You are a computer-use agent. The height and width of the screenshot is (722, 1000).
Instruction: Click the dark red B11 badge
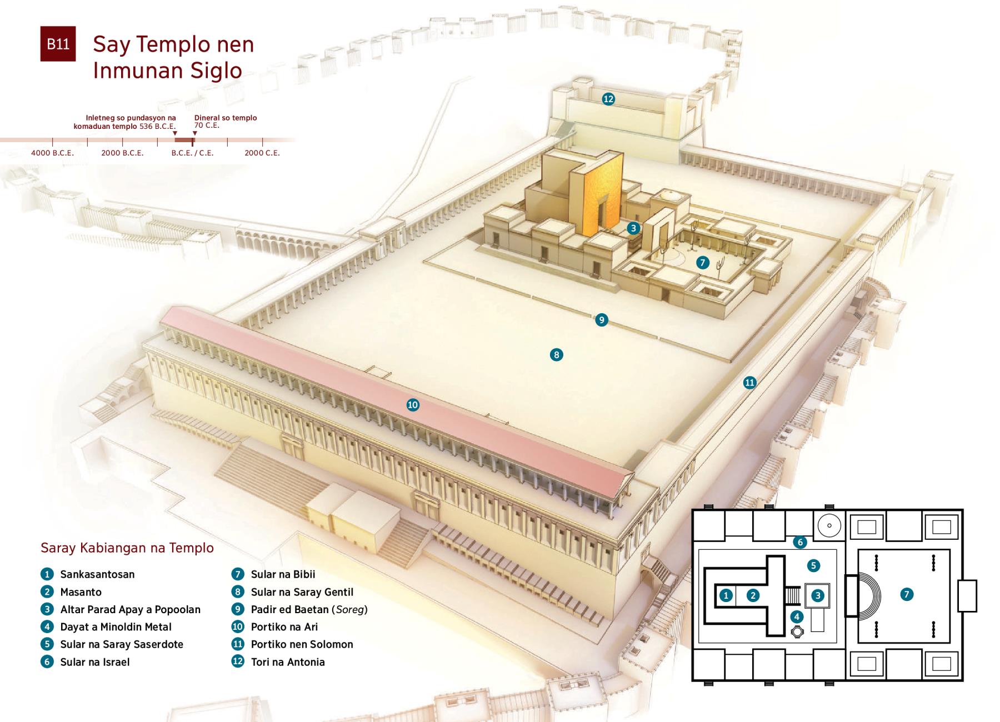click(58, 44)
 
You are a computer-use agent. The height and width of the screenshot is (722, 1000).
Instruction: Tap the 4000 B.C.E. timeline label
click(52, 153)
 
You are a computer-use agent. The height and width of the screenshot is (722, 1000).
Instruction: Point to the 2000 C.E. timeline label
click(262, 153)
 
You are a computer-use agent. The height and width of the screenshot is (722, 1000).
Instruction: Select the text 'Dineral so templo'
click(226, 118)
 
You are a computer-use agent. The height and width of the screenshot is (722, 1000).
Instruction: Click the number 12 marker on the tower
click(608, 99)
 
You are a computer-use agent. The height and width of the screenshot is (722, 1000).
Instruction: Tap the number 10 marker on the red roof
click(412, 405)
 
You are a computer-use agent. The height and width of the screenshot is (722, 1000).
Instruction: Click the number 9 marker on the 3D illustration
click(601, 320)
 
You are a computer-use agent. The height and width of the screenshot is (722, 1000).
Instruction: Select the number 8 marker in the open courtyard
click(556, 354)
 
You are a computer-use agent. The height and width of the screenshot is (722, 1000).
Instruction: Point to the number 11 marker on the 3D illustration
click(749, 382)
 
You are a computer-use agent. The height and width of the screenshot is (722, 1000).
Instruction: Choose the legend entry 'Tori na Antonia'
click(288, 662)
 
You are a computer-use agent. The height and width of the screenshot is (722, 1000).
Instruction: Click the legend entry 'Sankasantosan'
click(97, 574)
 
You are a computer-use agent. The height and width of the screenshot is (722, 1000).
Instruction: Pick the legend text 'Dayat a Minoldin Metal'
click(116, 627)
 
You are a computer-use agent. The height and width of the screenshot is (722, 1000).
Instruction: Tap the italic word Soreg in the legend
click(350, 610)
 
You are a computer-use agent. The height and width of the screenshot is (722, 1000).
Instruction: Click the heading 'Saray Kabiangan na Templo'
click(127, 548)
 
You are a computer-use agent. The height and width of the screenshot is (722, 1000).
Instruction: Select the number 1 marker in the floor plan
click(726, 596)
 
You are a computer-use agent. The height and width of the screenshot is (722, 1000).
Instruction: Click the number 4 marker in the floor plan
click(797, 616)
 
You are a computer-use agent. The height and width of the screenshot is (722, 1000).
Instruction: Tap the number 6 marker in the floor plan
click(799, 542)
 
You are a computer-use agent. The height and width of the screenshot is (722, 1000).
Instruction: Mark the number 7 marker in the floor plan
click(906, 594)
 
